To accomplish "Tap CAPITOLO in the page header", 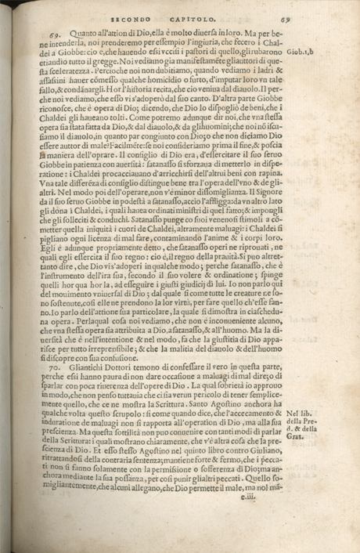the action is tap(202, 11).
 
